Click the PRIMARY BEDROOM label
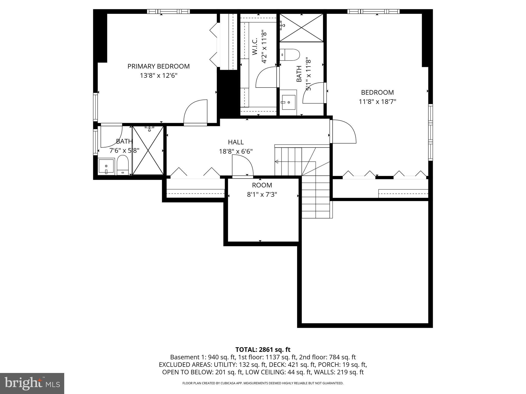158,66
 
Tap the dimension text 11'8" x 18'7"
377,102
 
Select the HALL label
236,142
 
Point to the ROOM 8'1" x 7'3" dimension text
262,194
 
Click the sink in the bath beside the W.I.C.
288,102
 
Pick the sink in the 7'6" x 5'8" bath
106,166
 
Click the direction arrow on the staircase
277,162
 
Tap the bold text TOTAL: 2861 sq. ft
263,349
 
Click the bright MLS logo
32,383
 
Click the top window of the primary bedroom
168,11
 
